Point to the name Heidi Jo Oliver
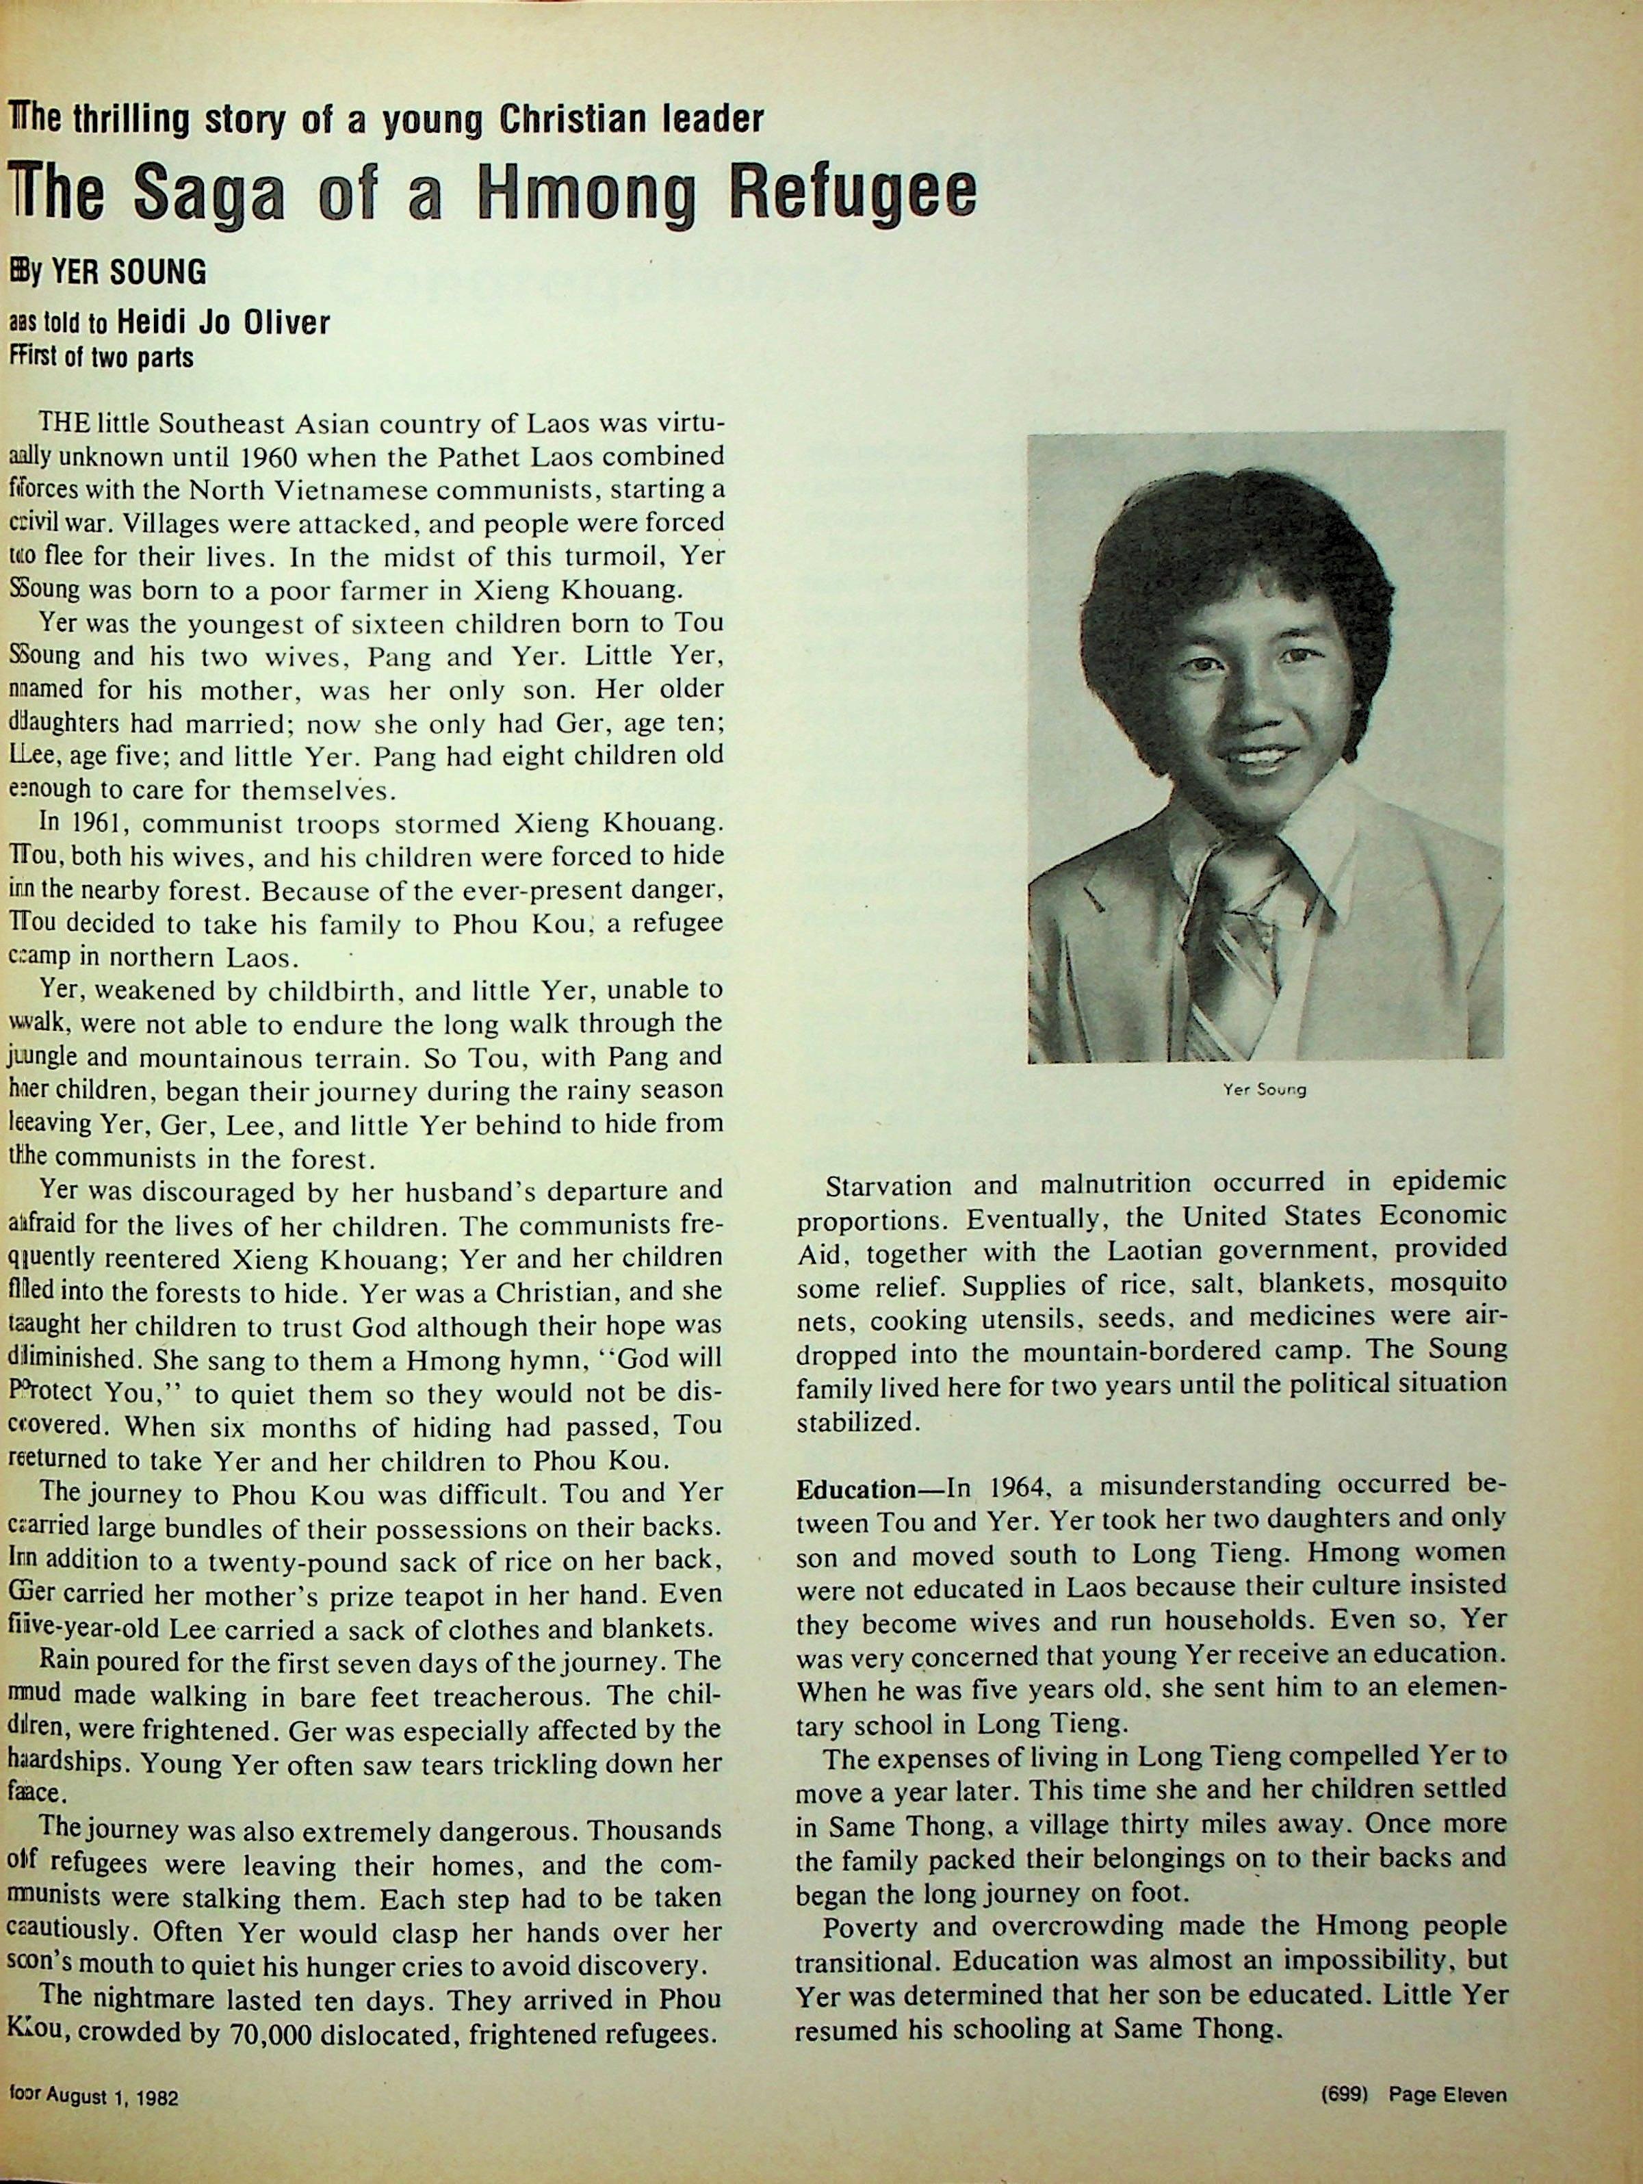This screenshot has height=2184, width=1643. point(223,323)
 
